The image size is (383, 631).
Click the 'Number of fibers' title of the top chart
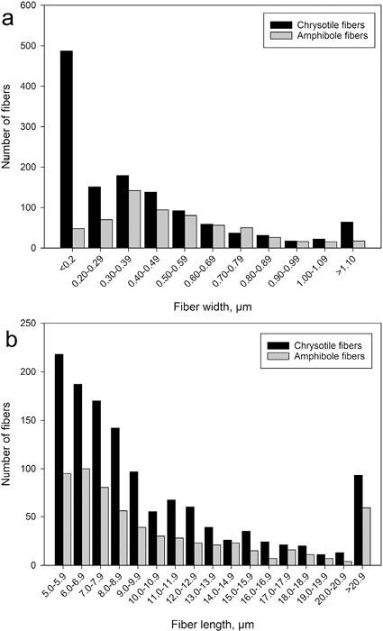pyautogui.click(x=12, y=126)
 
